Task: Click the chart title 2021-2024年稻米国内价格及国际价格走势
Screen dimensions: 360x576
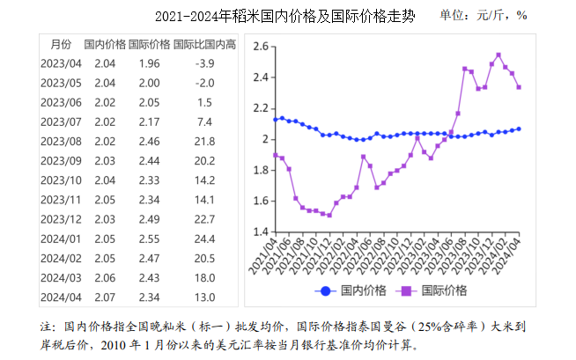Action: (x=284, y=16)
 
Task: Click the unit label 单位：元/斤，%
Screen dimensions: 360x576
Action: (x=483, y=15)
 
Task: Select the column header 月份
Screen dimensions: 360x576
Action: (x=61, y=44)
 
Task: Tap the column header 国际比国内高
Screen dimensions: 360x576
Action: (x=204, y=44)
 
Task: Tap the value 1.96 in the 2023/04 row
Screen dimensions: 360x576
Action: (x=149, y=63)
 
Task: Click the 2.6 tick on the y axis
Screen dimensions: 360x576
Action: (x=259, y=47)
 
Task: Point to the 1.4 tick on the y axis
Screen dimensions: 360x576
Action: (x=259, y=231)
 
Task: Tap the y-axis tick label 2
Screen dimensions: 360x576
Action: (x=263, y=139)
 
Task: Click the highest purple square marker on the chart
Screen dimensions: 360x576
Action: (x=498, y=55)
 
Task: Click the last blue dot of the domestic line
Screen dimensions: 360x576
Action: (x=518, y=129)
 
